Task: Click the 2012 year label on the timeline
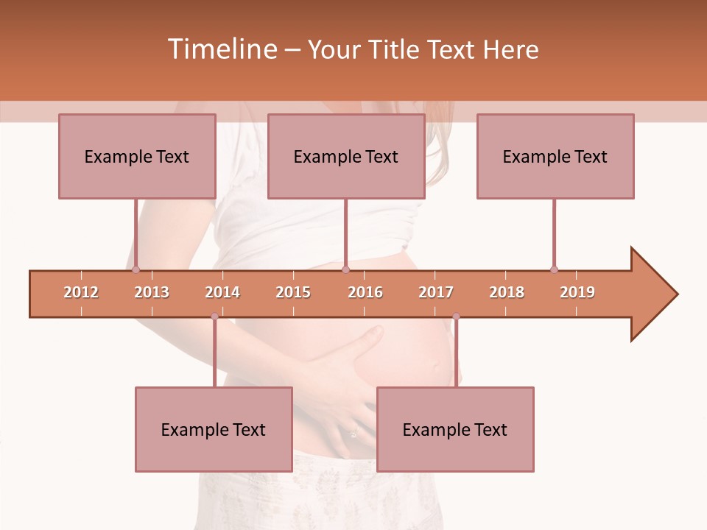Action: tap(81, 292)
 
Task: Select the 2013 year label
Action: tap(152, 292)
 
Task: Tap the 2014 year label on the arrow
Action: tap(222, 292)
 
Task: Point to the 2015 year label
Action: tap(293, 292)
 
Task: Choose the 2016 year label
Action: tap(365, 292)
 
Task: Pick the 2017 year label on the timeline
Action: tap(436, 292)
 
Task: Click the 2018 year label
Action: tap(507, 292)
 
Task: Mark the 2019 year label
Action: tap(577, 292)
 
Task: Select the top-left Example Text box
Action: tap(137, 156)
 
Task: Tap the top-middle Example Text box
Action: tap(346, 156)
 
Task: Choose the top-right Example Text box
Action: tap(555, 156)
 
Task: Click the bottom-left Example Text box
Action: tap(214, 429)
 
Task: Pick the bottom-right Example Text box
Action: tap(455, 429)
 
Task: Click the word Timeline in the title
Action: tap(221, 49)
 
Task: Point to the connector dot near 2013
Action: tap(136, 269)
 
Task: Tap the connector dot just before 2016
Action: tap(345, 269)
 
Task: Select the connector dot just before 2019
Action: tap(554, 269)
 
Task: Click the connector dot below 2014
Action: tap(214, 317)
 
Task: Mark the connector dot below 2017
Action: tap(456, 317)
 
